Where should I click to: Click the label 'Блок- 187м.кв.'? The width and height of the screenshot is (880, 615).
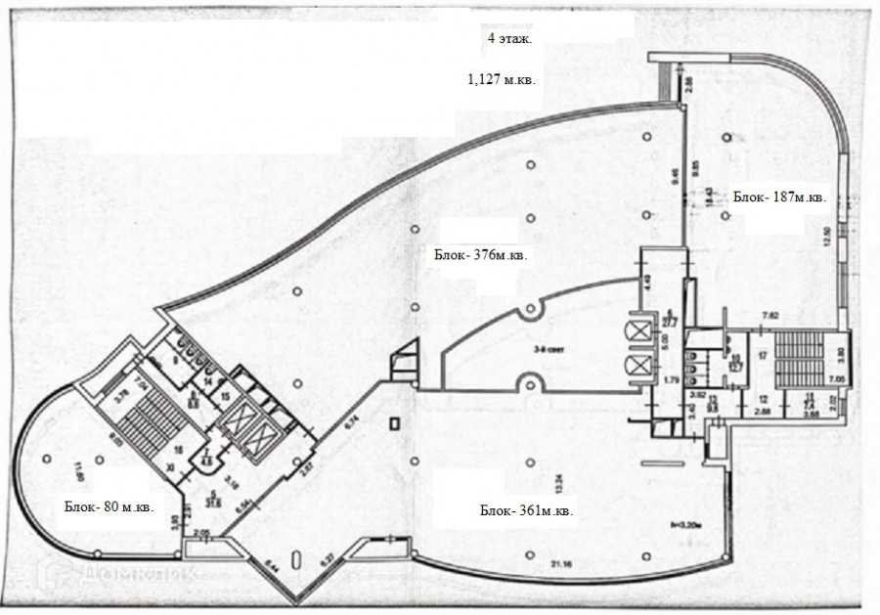coord(779,198)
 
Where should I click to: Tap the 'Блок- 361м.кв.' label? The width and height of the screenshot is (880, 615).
coord(526,511)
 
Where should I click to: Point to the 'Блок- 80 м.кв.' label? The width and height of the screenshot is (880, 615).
coord(108,507)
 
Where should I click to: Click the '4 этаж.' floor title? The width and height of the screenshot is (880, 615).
coord(506,40)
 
